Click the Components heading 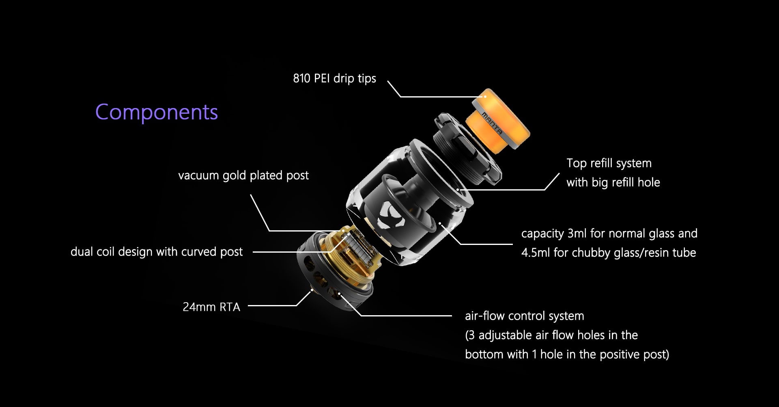click(157, 112)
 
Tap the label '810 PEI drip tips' click(335, 78)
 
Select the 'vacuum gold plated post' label click(243, 175)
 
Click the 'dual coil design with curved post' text click(157, 252)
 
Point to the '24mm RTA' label click(211, 307)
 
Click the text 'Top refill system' click(609, 163)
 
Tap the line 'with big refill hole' click(613, 182)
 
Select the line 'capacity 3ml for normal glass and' click(609, 234)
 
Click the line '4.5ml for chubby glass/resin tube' click(609, 253)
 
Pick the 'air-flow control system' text click(525, 316)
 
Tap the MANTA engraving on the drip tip click(492, 123)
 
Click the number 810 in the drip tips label click(302, 78)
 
